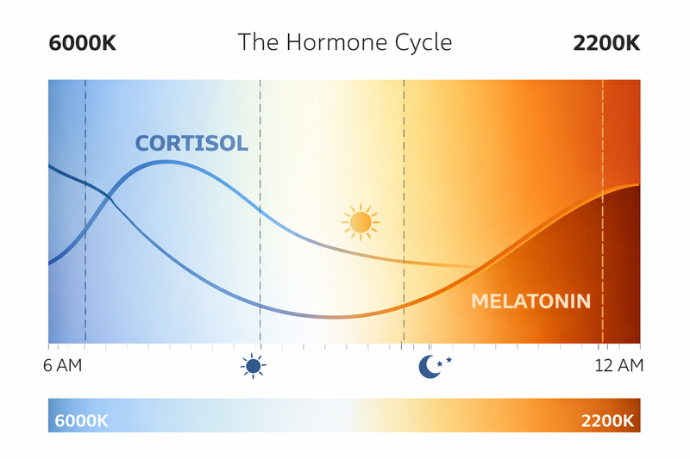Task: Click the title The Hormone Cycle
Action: [x=344, y=41]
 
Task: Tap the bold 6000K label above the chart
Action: [x=83, y=42]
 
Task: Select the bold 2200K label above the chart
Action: [x=607, y=42]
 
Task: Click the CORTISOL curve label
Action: [x=191, y=144]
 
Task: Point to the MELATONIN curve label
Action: [x=530, y=301]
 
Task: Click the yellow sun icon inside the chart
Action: [x=361, y=223]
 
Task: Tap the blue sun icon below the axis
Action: [x=253, y=367]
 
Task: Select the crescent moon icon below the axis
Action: [x=429, y=367]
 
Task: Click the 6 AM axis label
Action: [x=62, y=366]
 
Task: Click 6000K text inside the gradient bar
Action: [x=81, y=421]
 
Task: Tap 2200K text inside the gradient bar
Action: [x=607, y=421]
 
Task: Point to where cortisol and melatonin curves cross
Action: [x=110, y=202]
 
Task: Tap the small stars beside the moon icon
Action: [x=445, y=361]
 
